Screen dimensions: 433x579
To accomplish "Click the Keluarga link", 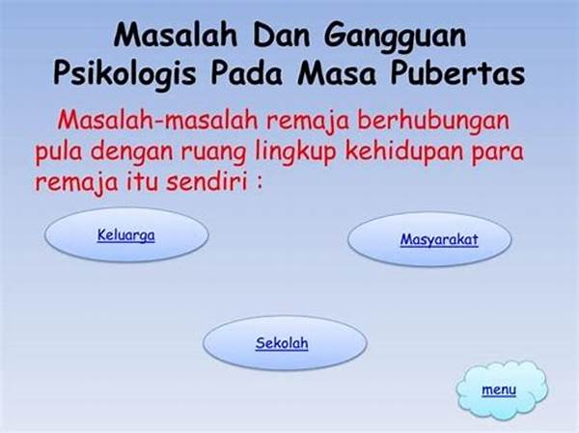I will pos(126,234).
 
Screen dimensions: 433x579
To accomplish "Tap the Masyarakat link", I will pos(439,240).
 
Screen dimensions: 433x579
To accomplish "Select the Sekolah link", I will pos(282,342).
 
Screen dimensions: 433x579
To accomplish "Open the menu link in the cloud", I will pos(499,390).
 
